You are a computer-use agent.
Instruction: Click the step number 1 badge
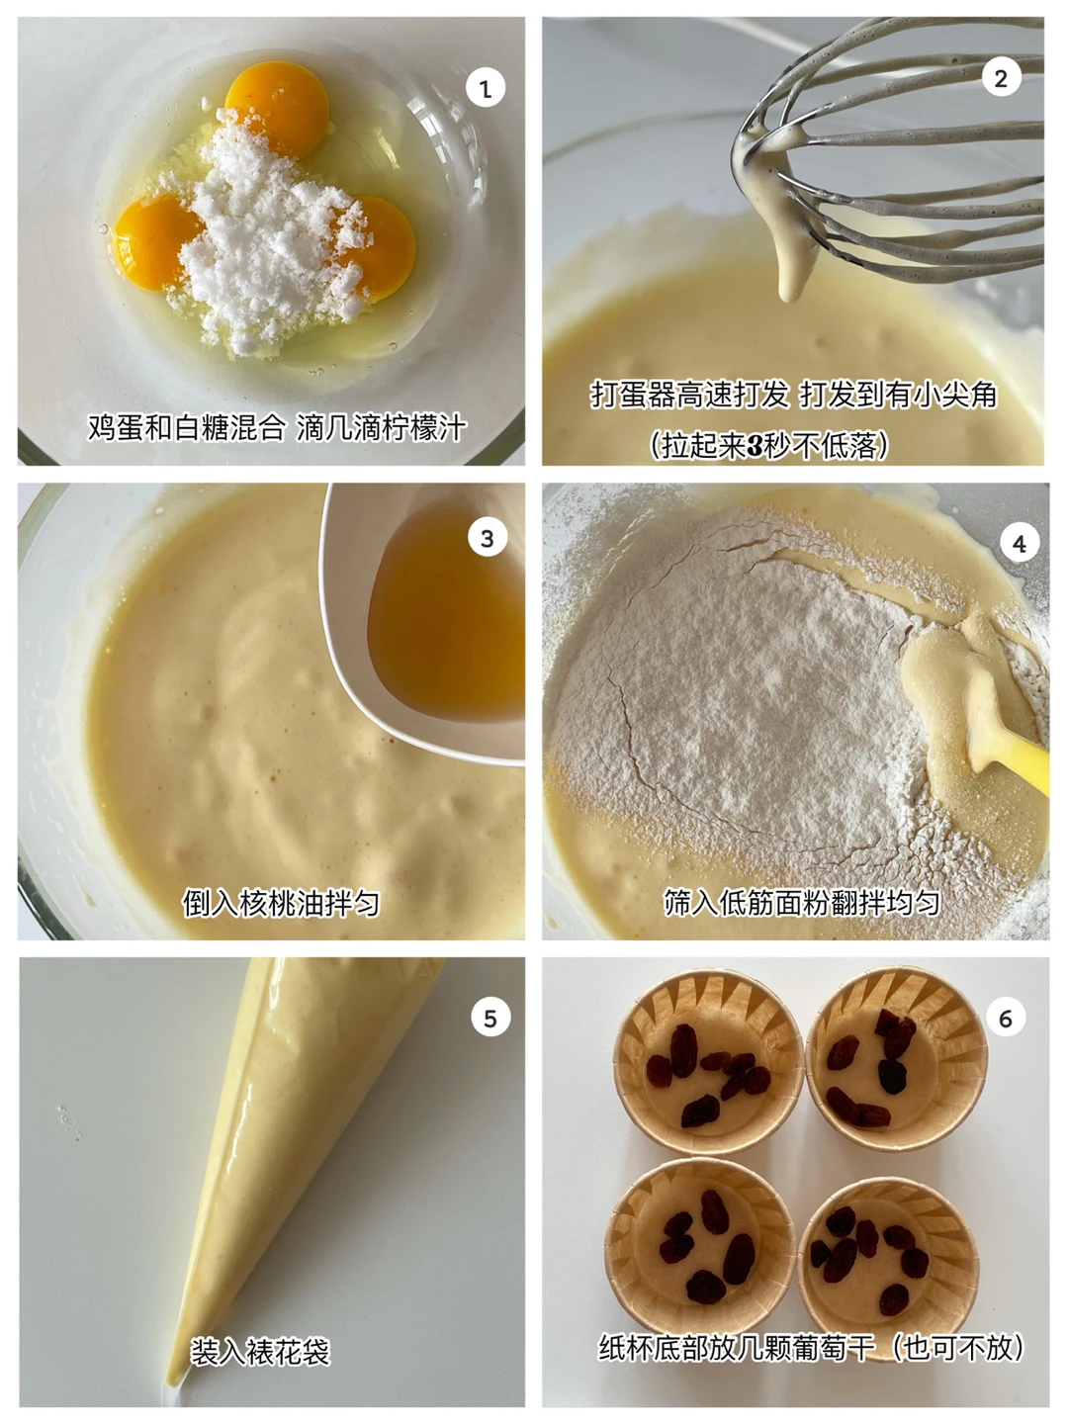pos(485,88)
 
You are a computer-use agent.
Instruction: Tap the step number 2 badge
pos(1001,78)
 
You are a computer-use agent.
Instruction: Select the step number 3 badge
pos(487,538)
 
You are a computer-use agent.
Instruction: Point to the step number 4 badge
pos(1020,543)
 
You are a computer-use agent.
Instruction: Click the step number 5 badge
pos(490,1018)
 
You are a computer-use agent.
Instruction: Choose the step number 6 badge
pos(1006,1018)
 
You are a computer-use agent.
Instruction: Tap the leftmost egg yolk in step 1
pos(154,241)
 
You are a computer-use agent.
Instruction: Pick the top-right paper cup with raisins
pos(897,1058)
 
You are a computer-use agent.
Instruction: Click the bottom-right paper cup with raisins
pos(888,1265)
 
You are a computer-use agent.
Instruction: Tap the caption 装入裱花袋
pos(260,1352)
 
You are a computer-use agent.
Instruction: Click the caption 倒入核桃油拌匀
pos(281,903)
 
